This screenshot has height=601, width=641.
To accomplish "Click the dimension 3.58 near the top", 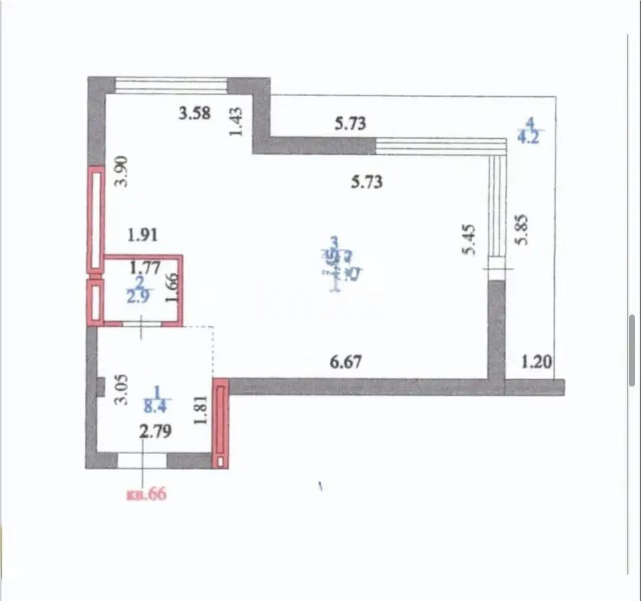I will pyautogui.click(x=194, y=114).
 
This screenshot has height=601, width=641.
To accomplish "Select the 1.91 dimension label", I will pyautogui.click(x=142, y=235).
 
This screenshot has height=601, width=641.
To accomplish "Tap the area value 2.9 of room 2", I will pyautogui.click(x=140, y=296).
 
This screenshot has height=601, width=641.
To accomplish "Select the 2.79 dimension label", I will pyautogui.click(x=156, y=432).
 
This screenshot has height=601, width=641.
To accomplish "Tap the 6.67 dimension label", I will pyautogui.click(x=347, y=363).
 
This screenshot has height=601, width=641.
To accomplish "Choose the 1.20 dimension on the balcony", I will pyautogui.click(x=538, y=363).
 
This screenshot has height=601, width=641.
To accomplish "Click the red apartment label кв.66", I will pyautogui.click(x=146, y=495).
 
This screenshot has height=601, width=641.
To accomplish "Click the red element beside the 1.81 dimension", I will pyautogui.click(x=220, y=423).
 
